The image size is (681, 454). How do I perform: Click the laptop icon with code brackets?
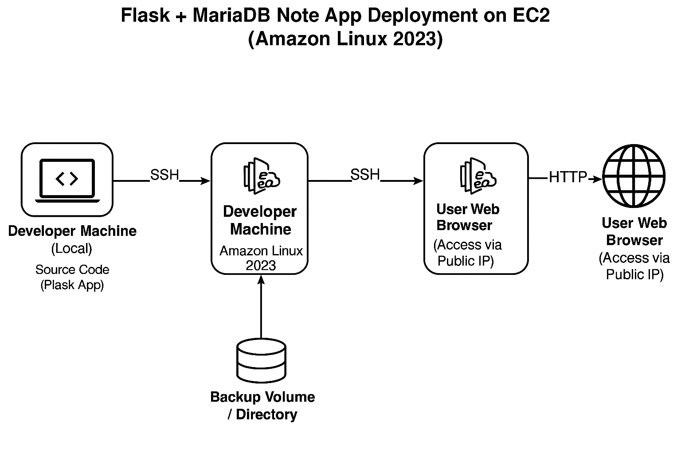pos(67,180)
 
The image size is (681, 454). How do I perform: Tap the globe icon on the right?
pos(634,176)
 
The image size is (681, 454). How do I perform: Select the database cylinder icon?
pos(261,360)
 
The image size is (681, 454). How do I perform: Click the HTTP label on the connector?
pos(567,177)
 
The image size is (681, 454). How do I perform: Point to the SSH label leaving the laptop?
pos(164,175)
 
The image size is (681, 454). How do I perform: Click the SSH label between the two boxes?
pos(365,175)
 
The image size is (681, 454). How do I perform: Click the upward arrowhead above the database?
pos(261,279)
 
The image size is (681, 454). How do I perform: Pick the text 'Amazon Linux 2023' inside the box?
pos(261,258)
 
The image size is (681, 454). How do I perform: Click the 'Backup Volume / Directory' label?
pos(262,405)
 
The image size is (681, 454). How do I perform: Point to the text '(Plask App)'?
pos(72,285)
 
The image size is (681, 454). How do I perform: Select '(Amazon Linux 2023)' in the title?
pos(345,39)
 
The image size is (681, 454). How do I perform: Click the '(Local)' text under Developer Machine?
pos(72,248)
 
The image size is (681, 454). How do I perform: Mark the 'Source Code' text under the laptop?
pos(72,270)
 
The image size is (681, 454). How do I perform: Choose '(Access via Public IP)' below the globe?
pos(634,266)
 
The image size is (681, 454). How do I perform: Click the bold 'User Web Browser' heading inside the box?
pos(467,217)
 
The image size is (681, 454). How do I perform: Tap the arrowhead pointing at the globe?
pos(598,179)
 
